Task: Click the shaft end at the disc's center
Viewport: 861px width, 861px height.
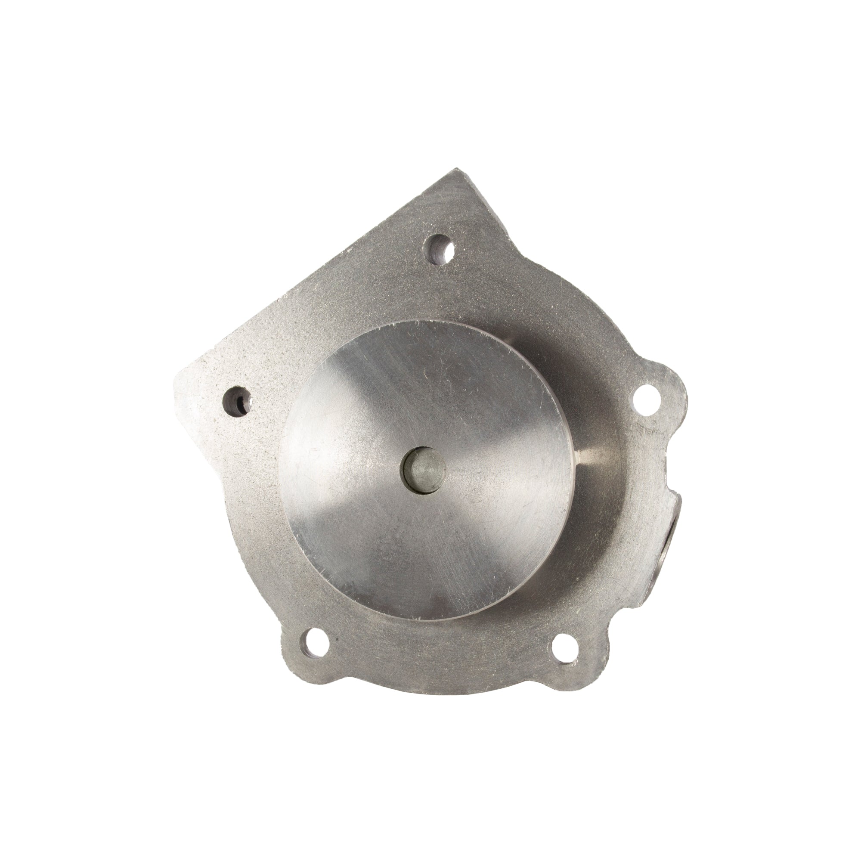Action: (x=424, y=473)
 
